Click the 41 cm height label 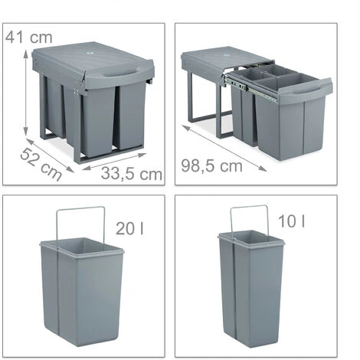click(x=28, y=38)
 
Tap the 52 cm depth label click(x=41, y=165)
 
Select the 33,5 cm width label click(x=132, y=174)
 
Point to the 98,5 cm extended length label click(x=211, y=166)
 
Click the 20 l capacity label click(x=129, y=228)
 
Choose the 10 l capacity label click(x=291, y=221)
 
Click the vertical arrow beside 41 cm click(x=26, y=93)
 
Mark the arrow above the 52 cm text click(x=50, y=155)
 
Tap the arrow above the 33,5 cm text click(x=115, y=162)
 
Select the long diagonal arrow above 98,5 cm click(x=224, y=148)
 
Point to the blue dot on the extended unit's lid click(x=226, y=55)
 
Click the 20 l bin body click(x=82, y=291)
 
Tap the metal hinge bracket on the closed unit click(x=79, y=85)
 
